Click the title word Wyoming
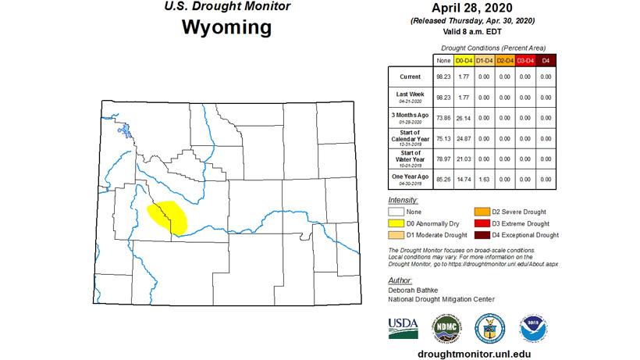tap(226, 27)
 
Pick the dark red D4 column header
tap(546, 60)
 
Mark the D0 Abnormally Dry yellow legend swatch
tap(397, 223)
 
